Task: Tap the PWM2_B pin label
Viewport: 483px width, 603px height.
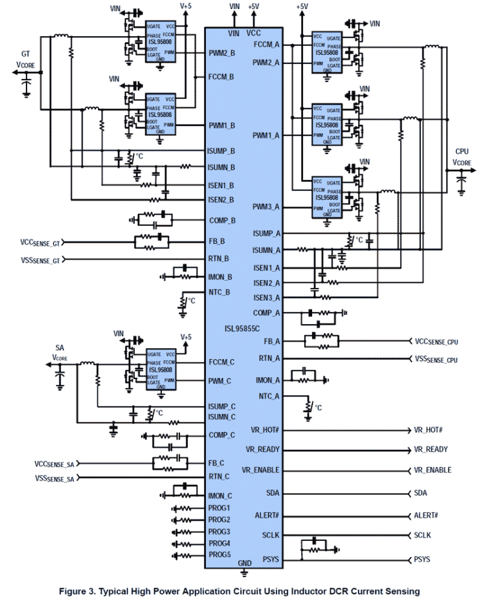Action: tap(221, 52)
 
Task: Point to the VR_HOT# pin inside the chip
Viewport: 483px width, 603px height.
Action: tap(264, 430)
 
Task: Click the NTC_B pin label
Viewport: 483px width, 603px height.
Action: tap(220, 292)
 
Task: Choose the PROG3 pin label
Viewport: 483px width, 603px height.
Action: tap(219, 531)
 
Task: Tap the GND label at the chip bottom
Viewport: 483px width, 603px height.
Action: tap(244, 564)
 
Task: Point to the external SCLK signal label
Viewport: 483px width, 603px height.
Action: tap(423, 536)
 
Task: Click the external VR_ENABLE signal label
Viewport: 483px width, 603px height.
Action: tap(432, 470)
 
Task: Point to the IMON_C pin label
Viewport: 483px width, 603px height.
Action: tap(221, 496)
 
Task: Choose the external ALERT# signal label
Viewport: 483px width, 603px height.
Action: tap(427, 516)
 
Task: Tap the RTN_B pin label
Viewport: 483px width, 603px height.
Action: tap(220, 261)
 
